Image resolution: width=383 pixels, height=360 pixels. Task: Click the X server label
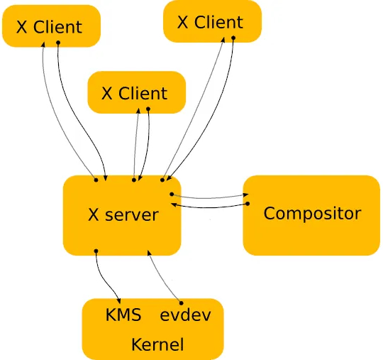pos(123,214)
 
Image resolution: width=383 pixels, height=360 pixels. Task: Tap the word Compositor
pos(312,214)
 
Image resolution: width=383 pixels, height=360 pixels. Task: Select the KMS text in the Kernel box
pos(123,315)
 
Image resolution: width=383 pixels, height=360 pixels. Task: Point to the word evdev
pos(185,315)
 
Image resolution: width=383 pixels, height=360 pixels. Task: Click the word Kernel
pos(157,344)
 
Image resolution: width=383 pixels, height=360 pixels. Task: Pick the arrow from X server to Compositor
pos(210,197)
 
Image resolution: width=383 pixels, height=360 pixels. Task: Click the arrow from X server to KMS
pos(106,280)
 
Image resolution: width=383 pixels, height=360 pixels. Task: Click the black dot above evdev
pos(182,303)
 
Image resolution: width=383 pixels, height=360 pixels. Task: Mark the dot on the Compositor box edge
pos(248,204)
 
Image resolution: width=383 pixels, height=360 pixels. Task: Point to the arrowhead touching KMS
pos(119,301)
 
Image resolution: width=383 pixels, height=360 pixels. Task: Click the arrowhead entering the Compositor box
pos(245,195)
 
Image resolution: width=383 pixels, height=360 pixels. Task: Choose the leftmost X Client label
pos(49,27)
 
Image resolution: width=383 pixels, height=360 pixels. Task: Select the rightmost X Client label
pos(210,22)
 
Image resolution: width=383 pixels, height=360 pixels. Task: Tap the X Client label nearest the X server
pos(134,93)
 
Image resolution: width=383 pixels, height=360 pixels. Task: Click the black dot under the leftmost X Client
pos(58,43)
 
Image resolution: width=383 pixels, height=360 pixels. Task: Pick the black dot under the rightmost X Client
pos(233,38)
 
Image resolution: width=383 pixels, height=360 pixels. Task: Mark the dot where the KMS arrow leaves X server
pos(96,251)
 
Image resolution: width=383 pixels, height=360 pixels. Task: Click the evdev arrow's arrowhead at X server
pos(149,253)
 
